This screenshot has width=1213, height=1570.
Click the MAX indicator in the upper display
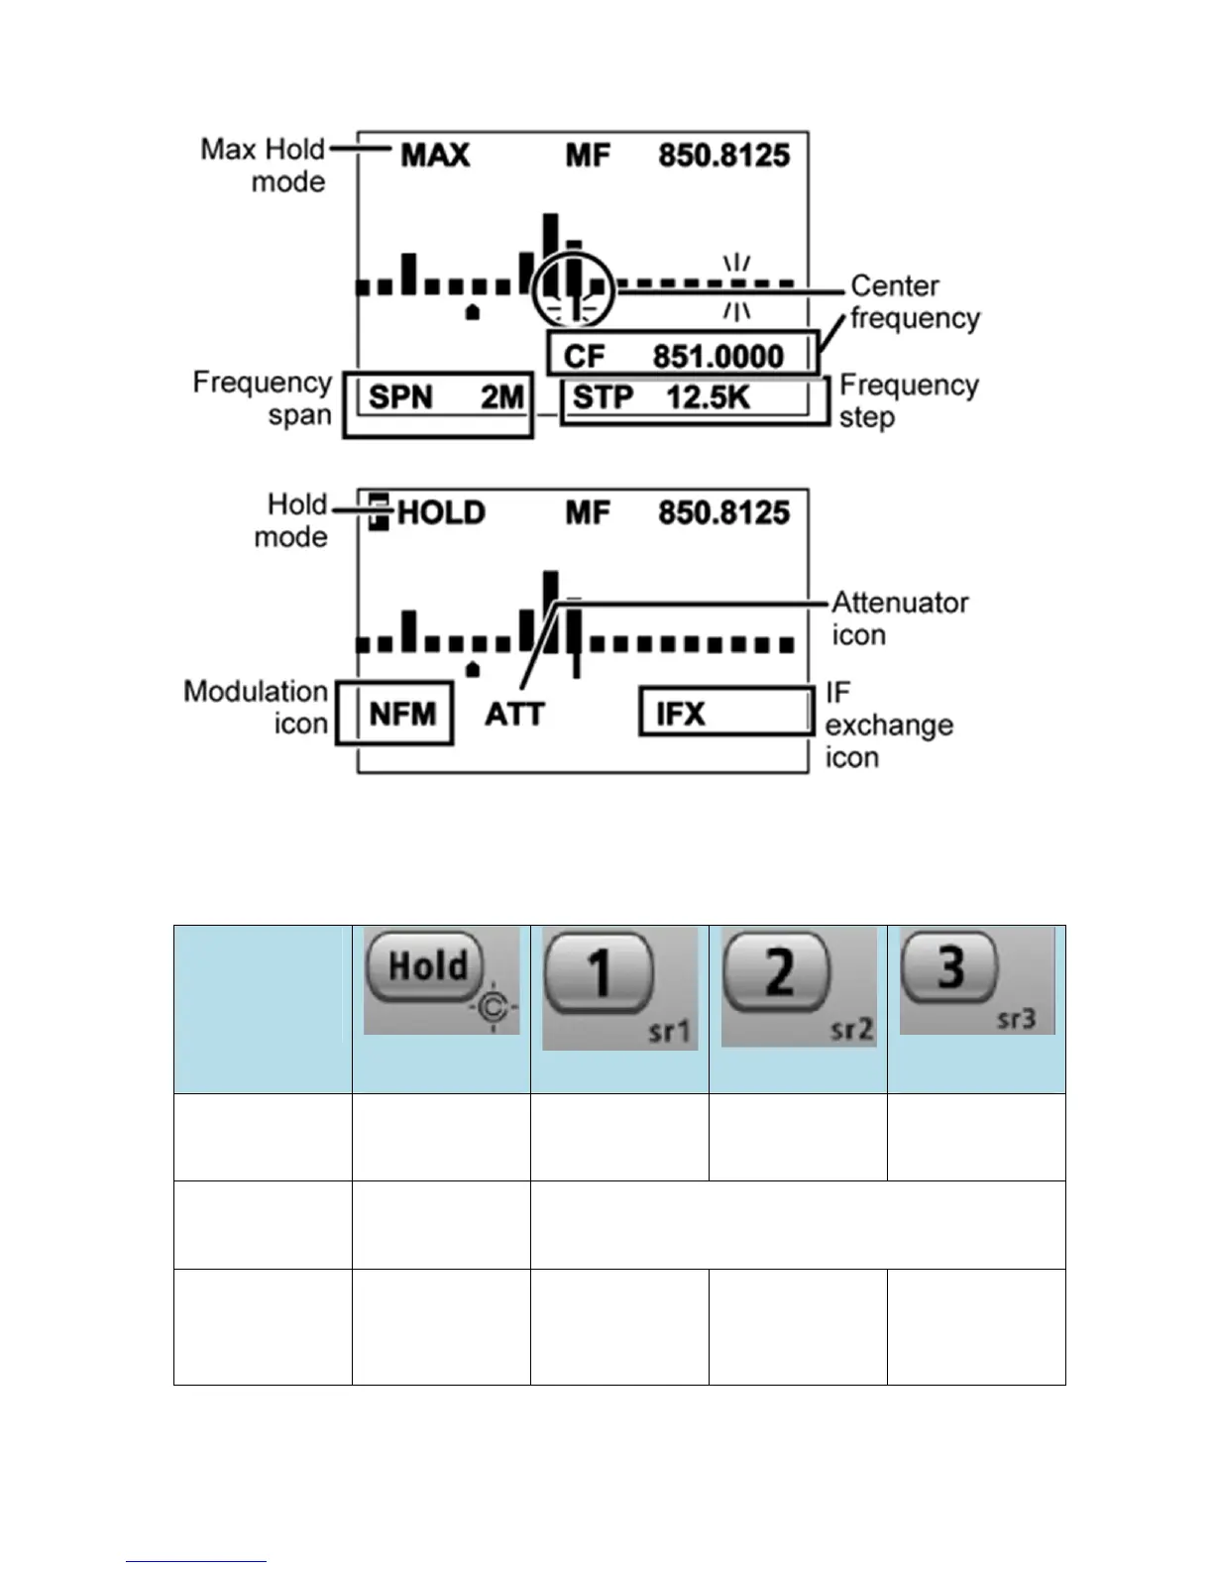435,156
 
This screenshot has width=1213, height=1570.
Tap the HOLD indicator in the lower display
440,513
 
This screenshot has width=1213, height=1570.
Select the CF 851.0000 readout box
684,355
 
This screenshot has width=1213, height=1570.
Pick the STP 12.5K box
694,400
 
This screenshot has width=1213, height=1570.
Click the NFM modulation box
395,713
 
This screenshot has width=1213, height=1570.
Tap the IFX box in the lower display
725,713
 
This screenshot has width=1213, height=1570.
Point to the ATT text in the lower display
514,714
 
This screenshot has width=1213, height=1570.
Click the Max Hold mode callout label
264,166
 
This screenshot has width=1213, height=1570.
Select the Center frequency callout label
915,302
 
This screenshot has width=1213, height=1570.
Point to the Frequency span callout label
263,398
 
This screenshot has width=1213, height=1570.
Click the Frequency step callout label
909,400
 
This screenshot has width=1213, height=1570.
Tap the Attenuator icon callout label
899,618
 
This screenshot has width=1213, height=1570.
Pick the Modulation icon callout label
256,707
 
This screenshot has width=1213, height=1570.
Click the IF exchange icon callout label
888,725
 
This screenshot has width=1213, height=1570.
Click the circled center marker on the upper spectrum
573,288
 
